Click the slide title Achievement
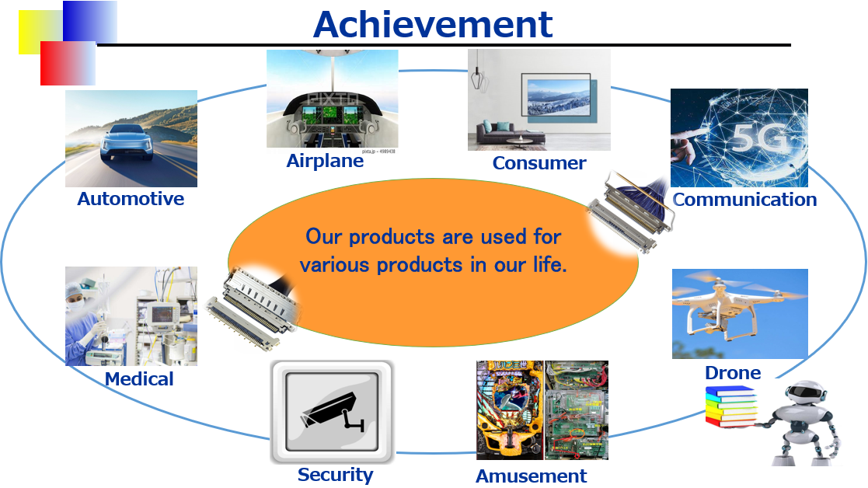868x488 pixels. point(433,25)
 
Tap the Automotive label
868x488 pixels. point(131,199)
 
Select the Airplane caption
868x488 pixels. point(325,160)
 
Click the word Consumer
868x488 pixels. point(539,163)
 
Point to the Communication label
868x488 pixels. point(744,199)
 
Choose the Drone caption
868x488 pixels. point(733,373)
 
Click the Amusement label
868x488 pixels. point(531,476)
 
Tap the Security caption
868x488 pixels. point(336,475)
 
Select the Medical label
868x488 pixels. point(139,379)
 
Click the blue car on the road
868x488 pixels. point(126,143)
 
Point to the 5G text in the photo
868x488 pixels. point(758,138)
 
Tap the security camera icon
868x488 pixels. point(332,412)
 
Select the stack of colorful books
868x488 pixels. point(730,406)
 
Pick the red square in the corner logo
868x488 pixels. point(68,63)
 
